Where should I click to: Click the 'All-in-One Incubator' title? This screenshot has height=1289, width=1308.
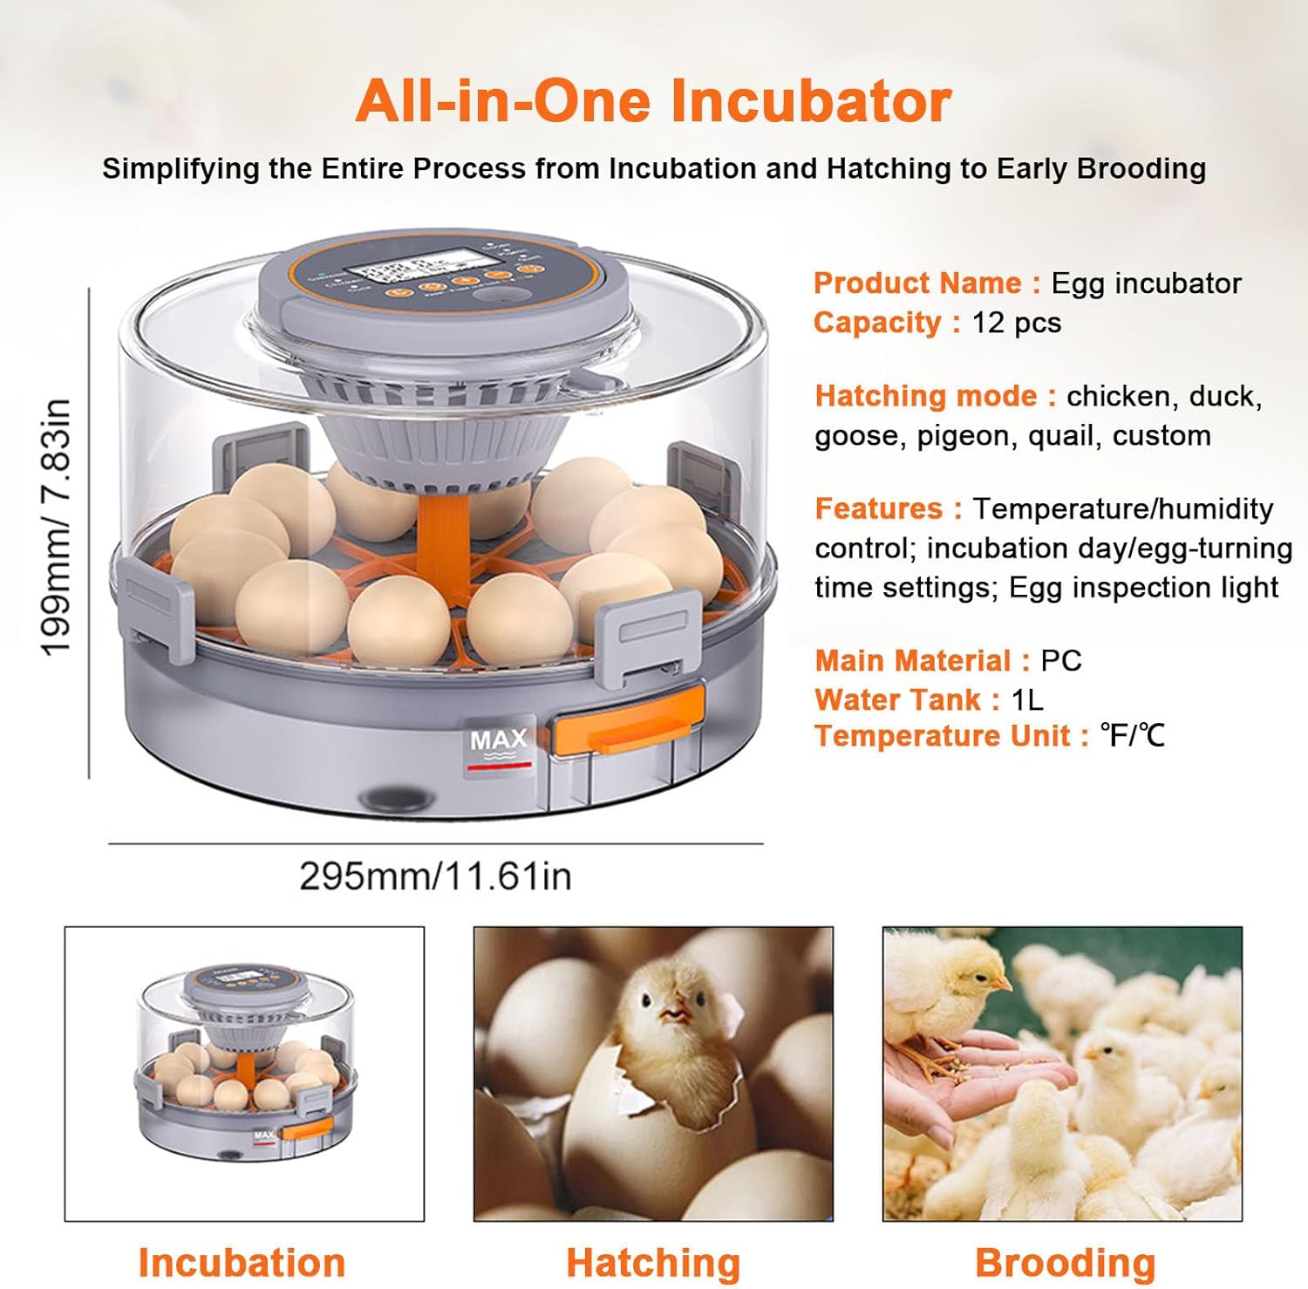point(652,102)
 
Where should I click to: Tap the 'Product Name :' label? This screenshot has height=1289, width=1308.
point(926,283)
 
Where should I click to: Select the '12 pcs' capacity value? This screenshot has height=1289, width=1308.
point(1016,323)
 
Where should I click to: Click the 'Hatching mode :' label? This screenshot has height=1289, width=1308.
point(935,396)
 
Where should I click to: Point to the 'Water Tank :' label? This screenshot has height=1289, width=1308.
point(907,699)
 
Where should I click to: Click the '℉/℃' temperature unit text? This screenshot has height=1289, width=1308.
point(1132,735)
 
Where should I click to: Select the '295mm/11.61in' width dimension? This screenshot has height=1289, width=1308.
point(435,876)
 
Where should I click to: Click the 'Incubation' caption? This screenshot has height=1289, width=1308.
point(242,1262)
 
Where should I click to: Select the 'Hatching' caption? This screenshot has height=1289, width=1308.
point(653,1262)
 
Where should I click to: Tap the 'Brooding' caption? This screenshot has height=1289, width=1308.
point(1065,1262)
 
